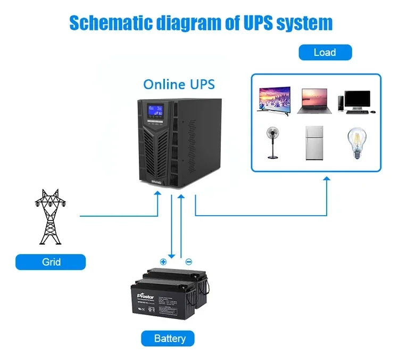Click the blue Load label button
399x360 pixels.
[325, 52]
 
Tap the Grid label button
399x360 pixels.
[51, 262]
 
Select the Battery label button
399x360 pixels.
[170, 338]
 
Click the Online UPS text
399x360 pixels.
[179, 84]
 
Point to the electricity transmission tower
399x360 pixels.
[51, 216]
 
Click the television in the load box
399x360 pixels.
[273, 101]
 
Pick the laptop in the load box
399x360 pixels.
[314, 101]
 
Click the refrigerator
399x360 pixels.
[314, 143]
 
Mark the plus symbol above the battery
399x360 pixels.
[163, 261]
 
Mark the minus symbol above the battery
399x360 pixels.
[188, 261]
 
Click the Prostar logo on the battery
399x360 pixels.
[145, 293]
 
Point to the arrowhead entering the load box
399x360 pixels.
[327, 182]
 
